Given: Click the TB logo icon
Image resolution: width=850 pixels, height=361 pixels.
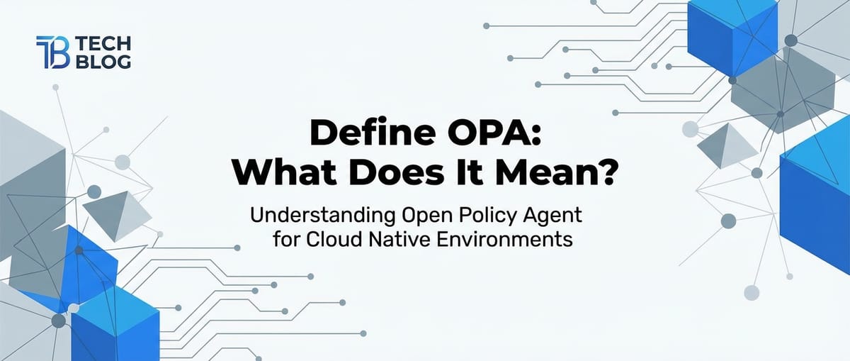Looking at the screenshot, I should coord(52,53).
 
